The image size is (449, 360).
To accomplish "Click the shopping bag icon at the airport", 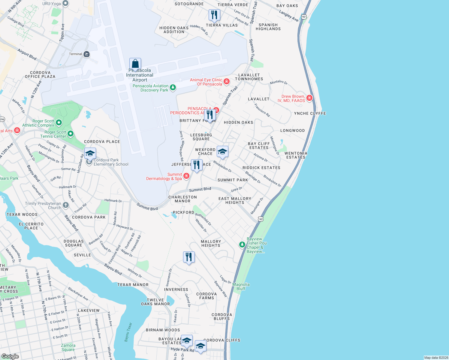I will click(135, 64).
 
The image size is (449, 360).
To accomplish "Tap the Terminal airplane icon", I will click(87, 54).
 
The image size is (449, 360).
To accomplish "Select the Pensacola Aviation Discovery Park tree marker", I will click(173, 88).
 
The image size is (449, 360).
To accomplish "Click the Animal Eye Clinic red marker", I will click(227, 82).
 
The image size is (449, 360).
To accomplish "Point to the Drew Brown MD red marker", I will click(309, 98).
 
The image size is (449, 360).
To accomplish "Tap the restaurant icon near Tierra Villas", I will click(214, 15).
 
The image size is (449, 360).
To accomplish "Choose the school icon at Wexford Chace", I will click(222, 151).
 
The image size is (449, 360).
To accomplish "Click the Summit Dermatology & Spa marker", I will click(186, 176).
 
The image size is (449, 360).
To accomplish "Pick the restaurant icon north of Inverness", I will click(189, 257).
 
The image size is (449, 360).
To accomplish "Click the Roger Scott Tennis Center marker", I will click(71, 134).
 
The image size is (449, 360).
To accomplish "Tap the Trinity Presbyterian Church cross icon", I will click(66, 205).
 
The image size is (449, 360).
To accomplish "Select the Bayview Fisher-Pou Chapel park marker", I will click(242, 245).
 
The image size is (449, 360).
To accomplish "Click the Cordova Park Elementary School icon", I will click(90, 154).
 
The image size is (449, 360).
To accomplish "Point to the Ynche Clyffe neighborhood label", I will click(310, 113).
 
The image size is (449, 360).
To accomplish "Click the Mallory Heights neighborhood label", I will click(211, 243).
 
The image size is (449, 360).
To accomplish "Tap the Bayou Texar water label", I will click(128, 332).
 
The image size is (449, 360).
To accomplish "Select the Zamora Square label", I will click(68, 347).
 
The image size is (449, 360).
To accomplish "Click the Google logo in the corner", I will click(10, 356).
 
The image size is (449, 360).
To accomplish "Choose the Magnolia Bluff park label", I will click(241, 286).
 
